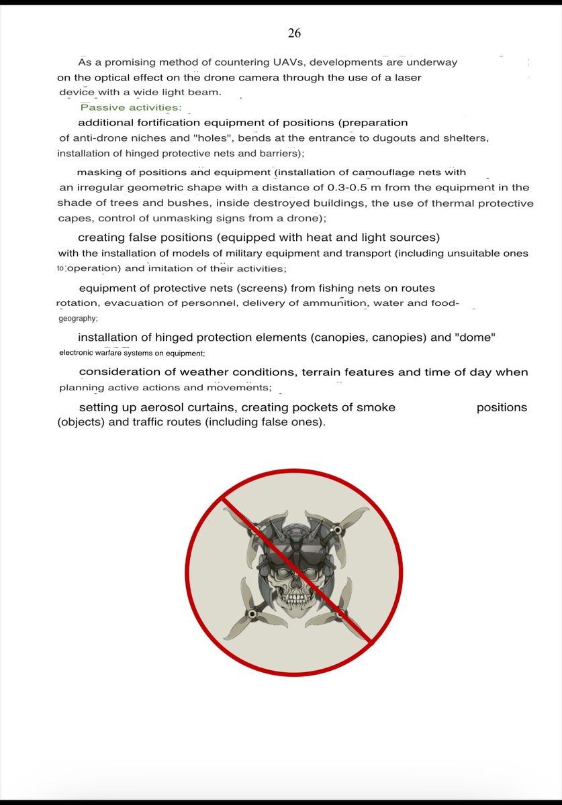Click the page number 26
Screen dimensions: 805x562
point(294,33)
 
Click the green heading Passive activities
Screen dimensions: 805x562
point(132,107)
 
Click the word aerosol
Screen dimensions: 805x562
point(170,407)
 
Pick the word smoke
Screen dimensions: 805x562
point(369,407)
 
